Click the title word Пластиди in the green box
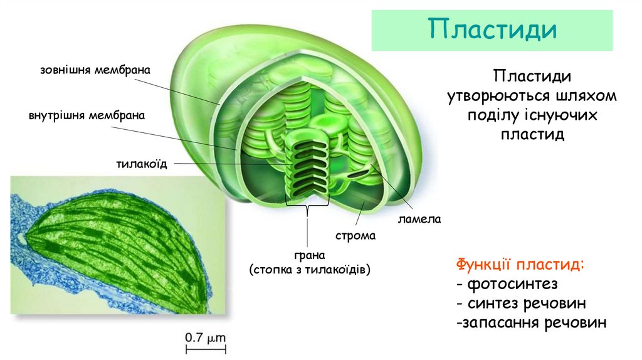[x=492, y=30]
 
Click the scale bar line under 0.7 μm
[x=205, y=347]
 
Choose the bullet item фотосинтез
[x=507, y=283]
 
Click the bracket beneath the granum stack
[x=308, y=205]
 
